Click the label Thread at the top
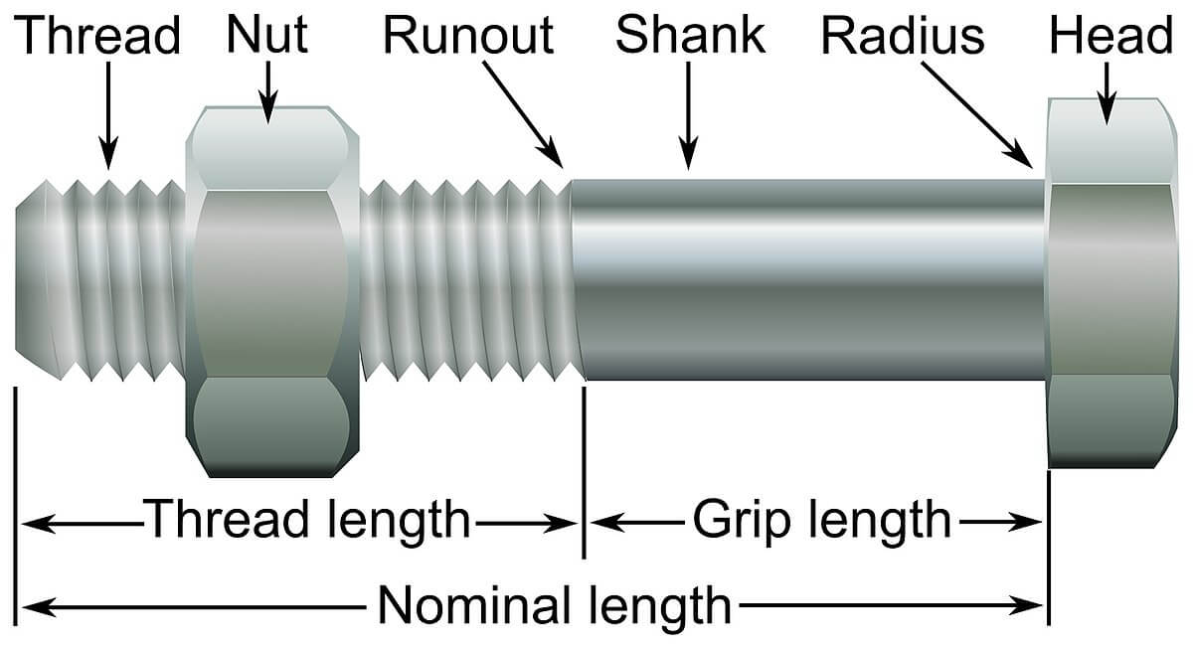point(98,36)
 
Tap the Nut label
point(266,34)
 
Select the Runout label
point(467,36)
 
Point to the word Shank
point(690,36)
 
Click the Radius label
point(903,37)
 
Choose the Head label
point(1110,37)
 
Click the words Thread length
point(307,519)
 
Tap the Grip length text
point(821,519)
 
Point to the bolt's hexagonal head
point(1111,283)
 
